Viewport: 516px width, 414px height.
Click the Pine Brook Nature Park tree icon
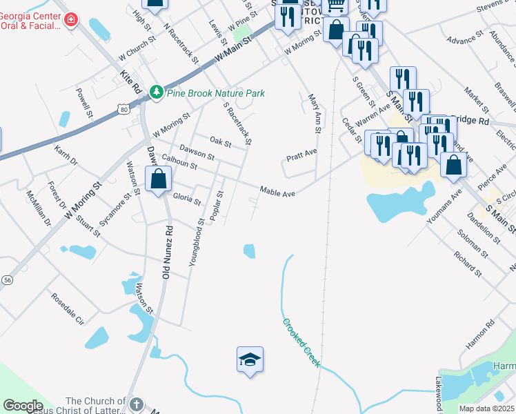point(157,92)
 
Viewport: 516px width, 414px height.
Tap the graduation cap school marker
point(250,359)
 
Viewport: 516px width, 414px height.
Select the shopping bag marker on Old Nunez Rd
point(159,179)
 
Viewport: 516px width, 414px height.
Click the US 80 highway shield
point(123,109)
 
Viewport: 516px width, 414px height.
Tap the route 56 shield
point(8,279)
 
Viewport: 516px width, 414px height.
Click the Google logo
point(23,405)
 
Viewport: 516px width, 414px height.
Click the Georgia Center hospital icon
point(70,19)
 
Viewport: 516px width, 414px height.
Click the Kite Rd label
point(130,81)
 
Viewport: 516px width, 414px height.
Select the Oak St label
point(220,142)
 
